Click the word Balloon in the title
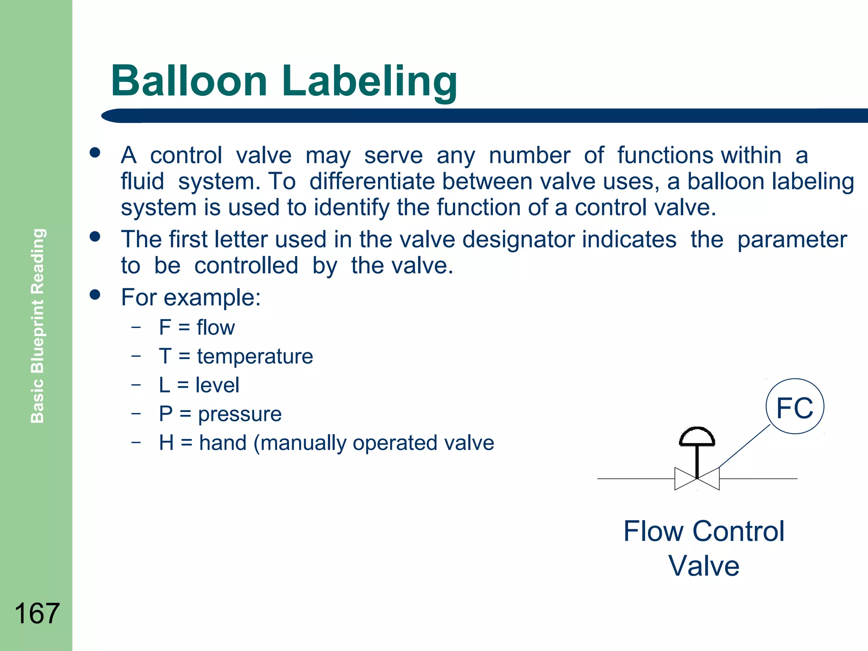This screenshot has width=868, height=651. (189, 81)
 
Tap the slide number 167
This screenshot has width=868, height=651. (37, 613)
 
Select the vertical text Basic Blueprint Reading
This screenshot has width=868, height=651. (38, 325)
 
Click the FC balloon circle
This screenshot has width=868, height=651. (795, 406)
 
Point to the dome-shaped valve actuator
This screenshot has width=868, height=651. (697, 437)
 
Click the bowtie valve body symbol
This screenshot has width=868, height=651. (697, 479)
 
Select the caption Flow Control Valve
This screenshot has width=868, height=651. (704, 548)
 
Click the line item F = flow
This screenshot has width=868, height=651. (197, 328)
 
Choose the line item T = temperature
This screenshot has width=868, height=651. (236, 356)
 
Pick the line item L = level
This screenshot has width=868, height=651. (199, 385)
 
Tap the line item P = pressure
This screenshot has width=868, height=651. (220, 414)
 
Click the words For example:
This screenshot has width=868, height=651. (191, 297)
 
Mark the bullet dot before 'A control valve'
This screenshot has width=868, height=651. (95, 153)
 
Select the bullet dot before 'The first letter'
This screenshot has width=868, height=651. (95, 236)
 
